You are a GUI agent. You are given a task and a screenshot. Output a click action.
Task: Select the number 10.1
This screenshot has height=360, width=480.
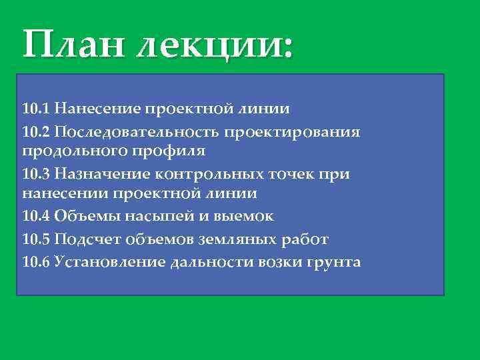pyautogui.click(x=36, y=108)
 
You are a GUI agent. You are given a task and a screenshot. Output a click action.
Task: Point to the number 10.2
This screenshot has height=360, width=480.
pyautogui.click(x=36, y=131)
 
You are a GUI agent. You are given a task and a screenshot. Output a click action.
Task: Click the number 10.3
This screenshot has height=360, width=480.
pyautogui.click(x=36, y=174)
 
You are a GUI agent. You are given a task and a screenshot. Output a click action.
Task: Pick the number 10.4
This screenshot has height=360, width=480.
pyautogui.click(x=36, y=216)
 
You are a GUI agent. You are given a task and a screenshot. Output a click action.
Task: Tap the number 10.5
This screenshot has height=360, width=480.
pyautogui.click(x=36, y=239)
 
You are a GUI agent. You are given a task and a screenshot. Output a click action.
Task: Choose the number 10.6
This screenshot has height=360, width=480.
pyautogui.click(x=36, y=261)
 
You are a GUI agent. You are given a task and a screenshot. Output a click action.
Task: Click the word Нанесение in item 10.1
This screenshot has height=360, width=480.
pyautogui.click(x=98, y=108)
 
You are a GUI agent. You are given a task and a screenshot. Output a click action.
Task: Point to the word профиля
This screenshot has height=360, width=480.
pyautogui.click(x=177, y=151)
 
